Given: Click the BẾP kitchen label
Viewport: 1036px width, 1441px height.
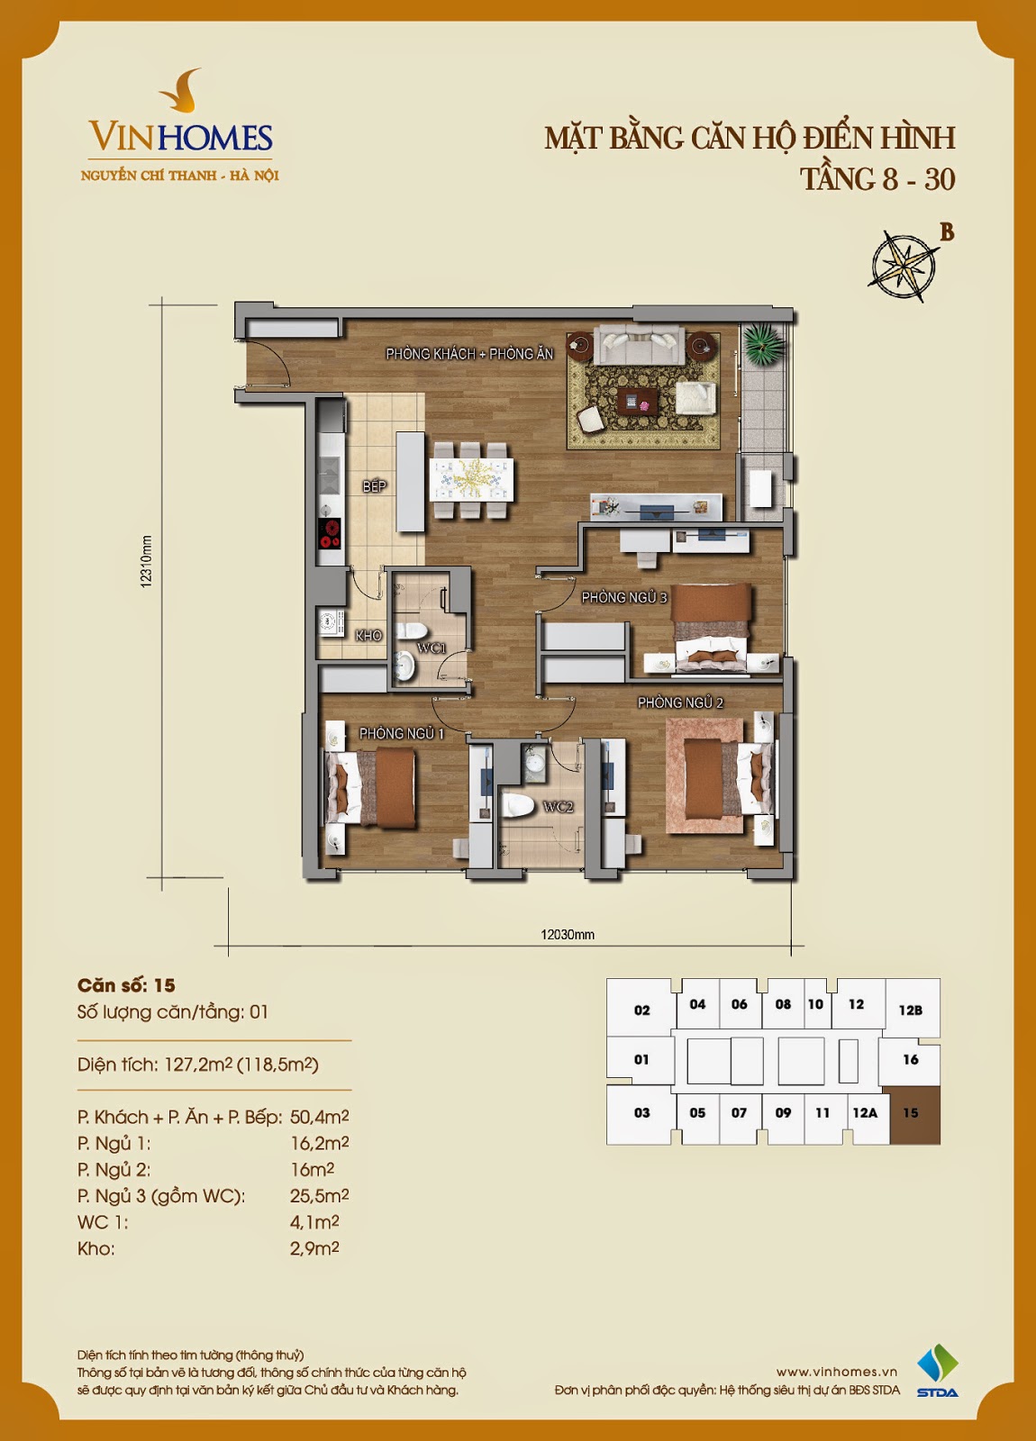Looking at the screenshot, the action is (x=374, y=486).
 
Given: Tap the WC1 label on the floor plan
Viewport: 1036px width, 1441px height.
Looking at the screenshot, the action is (x=432, y=648).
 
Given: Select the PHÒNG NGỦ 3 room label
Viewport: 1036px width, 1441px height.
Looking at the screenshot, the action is (x=624, y=598).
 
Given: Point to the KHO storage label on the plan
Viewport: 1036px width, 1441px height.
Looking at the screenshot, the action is (x=368, y=636).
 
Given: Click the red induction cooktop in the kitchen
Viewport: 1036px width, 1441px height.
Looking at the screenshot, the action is (x=331, y=533).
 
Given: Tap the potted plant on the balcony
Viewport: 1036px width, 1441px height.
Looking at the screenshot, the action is (x=764, y=344).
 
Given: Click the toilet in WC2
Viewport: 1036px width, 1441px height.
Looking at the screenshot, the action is (x=518, y=805).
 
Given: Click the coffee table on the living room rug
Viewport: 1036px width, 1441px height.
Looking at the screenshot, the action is (x=637, y=402).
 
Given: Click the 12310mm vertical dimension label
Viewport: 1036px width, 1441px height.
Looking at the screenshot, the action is (x=146, y=561).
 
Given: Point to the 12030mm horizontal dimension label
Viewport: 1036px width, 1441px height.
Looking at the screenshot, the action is (x=567, y=935).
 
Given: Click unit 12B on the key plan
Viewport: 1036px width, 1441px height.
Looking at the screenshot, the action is (x=911, y=1010).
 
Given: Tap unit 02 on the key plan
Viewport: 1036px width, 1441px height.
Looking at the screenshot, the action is (x=641, y=1010).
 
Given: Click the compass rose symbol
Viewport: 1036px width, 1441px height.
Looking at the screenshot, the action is (x=902, y=265).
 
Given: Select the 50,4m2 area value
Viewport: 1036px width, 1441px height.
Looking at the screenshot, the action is (x=319, y=1116).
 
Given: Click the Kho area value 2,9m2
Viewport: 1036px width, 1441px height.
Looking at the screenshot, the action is (x=314, y=1248).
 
